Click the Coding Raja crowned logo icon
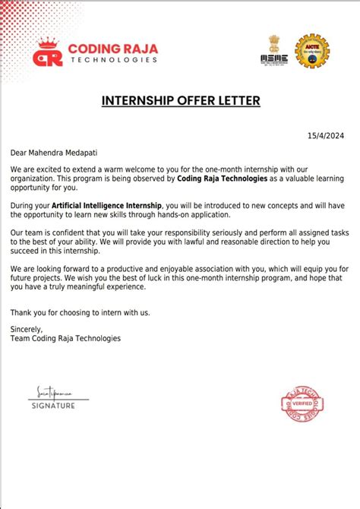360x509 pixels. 48,52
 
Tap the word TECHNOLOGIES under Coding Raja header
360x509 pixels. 113,59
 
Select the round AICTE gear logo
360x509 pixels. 311,51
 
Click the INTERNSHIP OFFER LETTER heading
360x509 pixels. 180,100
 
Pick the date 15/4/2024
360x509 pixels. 326,136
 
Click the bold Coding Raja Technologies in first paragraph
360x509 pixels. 224,179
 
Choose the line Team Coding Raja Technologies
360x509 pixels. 65,338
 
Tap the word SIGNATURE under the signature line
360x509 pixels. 53,406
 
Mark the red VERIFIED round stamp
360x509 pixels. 298,403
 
